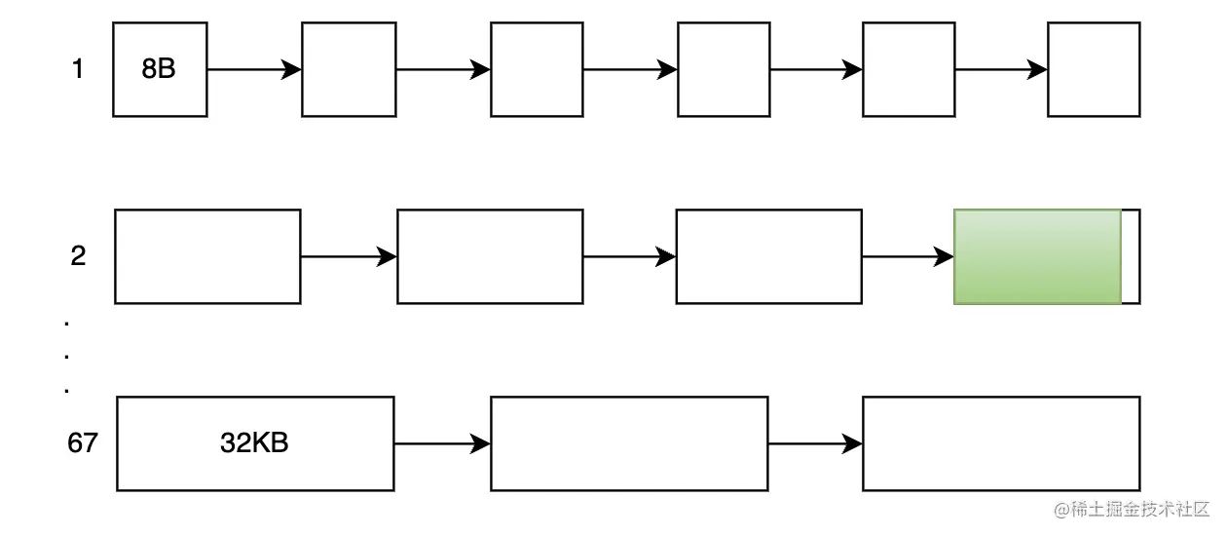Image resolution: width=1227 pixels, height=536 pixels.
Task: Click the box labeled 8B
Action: (x=160, y=69)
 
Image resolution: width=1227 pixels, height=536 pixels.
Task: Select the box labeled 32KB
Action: (x=255, y=443)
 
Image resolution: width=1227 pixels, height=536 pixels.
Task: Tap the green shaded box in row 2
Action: (x=1038, y=256)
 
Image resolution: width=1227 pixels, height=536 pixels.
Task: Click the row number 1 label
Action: (x=78, y=69)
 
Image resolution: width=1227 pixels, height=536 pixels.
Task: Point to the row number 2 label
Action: (x=78, y=256)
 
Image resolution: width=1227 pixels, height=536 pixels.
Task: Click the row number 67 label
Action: (x=83, y=443)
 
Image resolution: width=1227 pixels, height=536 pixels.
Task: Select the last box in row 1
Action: (x=1094, y=69)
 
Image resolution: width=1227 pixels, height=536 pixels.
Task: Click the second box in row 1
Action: (x=349, y=69)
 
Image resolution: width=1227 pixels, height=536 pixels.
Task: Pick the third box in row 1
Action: (x=537, y=69)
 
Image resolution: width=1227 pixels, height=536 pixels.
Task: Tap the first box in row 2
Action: (x=207, y=256)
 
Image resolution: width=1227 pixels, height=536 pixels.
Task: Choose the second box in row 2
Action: (x=490, y=256)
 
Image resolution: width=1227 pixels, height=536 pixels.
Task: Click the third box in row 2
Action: (x=768, y=256)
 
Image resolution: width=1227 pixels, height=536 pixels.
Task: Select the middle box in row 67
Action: (x=629, y=443)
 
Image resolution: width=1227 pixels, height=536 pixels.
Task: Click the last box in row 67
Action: (x=1001, y=443)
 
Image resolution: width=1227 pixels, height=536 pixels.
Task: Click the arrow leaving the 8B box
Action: (x=254, y=69)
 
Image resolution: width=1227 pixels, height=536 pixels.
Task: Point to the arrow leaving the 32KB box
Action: (x=442, y=443)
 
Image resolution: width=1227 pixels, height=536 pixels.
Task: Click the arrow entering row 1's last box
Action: (x=1001, y=69)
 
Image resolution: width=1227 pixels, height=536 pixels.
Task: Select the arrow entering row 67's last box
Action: (x=815, y=443)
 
